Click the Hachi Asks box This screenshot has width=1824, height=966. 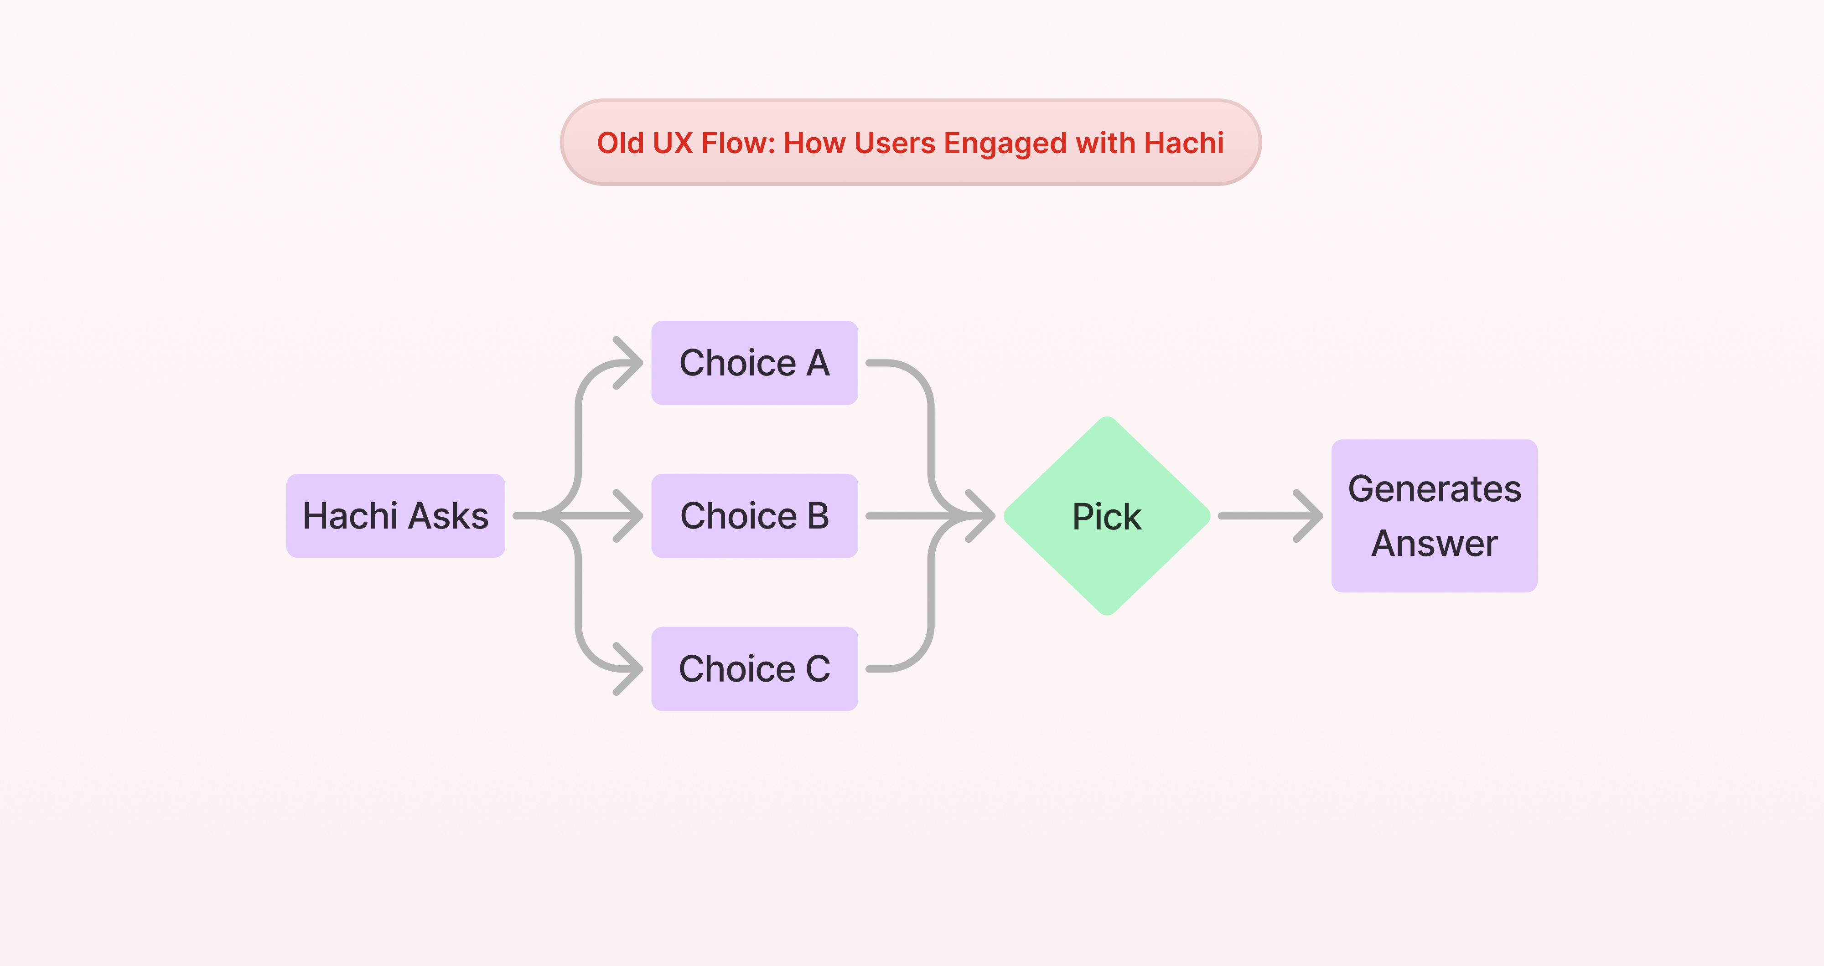click(395, 516)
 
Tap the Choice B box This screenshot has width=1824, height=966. click(754, 516)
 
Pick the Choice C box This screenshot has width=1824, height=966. click(754, 669)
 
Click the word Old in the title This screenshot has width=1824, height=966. click(620, 143)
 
